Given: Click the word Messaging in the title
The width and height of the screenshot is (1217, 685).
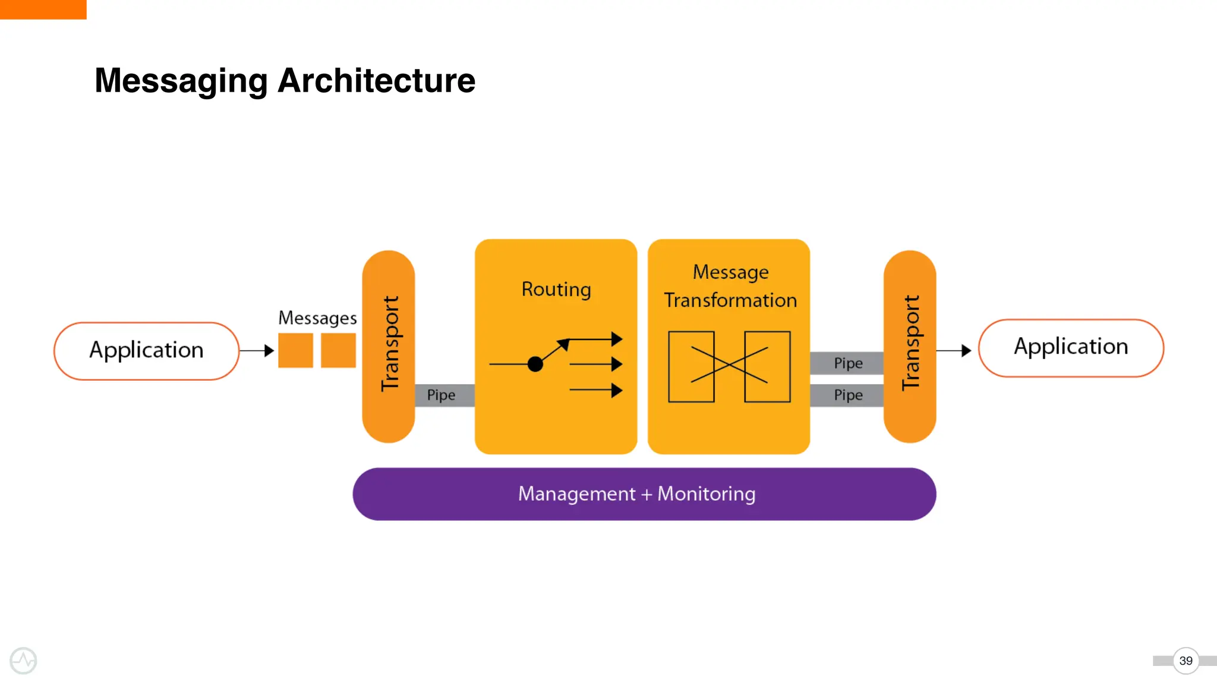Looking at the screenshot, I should click(x=181, y=81).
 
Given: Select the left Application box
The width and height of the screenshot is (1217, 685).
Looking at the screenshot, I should click(x=146, y=351).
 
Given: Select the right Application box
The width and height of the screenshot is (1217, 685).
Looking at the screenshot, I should click(x=1071, y=347).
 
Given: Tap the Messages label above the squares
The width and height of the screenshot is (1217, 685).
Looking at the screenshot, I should click(x=317, y=318).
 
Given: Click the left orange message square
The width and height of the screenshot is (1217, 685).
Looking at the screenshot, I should click(x=295, y=350).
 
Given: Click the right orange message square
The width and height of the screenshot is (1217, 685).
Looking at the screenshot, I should click(x=338, y=350).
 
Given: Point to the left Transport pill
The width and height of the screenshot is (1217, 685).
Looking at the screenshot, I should click(x=389, y=346).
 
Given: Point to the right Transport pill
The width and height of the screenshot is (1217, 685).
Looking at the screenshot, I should click(x=910, y=346).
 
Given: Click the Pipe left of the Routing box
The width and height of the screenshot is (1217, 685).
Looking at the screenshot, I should click(x=442, y=395).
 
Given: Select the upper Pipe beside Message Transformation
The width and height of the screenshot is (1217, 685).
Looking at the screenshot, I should click(x=847, y=363).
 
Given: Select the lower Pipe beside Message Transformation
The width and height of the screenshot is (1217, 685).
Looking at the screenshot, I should click(x=847, y=395).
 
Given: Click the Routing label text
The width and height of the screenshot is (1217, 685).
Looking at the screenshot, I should click(x=556, y=290).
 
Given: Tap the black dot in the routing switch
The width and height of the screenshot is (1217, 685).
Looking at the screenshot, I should click(x=535, y=364).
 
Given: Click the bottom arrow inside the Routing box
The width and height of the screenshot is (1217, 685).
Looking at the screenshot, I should click(x=596, y=390).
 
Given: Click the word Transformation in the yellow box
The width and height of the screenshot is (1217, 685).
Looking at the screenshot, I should click(x=730, y=300).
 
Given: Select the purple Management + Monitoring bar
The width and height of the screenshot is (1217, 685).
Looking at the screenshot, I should click(x=644, y=494).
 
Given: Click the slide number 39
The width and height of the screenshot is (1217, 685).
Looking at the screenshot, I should click(x=1186, y=661).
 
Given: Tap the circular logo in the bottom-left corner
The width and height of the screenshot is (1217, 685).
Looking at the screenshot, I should click(x=24, y=661).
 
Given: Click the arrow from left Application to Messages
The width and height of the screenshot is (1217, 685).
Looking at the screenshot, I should click(x=257, y=351).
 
